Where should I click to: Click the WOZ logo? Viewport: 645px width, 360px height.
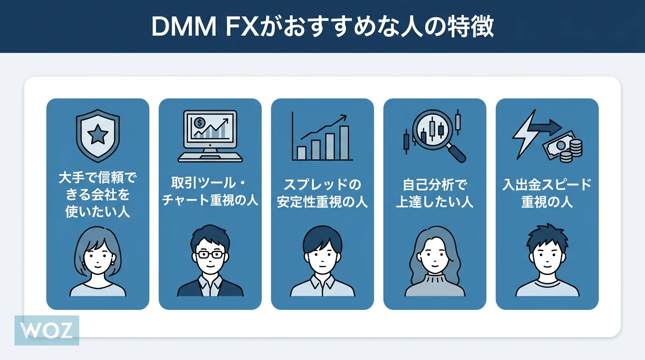47,330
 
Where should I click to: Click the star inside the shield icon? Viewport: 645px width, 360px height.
97,135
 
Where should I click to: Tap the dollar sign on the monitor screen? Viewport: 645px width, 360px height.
200,123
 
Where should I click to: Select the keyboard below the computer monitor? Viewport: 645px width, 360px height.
210,157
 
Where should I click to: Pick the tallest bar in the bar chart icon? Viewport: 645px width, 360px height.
344,142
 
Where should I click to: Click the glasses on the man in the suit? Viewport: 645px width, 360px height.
210,255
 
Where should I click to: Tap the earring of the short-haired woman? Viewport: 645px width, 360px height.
112,263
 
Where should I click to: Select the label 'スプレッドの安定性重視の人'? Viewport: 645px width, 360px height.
322,194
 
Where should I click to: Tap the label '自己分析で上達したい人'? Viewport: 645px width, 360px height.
435,194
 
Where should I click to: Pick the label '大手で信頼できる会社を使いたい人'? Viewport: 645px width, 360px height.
97,194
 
